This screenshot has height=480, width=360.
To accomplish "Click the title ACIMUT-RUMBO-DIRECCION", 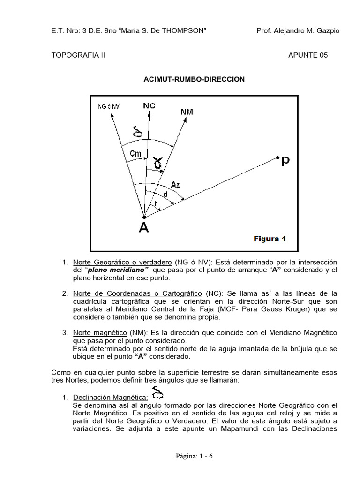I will tap(194, 79).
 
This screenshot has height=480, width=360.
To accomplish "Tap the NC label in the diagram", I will tap(149, 106).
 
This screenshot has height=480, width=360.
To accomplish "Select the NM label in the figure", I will tap(186, 112).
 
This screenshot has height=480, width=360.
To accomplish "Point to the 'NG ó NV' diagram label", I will tap(109, 106).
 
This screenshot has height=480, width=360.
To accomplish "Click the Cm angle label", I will tap(135, 153).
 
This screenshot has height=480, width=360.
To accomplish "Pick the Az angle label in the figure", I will tap(175, 185).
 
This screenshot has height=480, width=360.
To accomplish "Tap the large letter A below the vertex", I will tap(144, 228).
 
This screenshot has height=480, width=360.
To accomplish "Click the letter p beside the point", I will tap(285, 161).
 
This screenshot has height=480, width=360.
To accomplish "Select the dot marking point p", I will tap(278, 157).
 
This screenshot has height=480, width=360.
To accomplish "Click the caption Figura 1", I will tap(270, 239).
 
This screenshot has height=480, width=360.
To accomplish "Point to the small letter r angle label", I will tap(156, 203).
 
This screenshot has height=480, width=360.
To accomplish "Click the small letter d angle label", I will tap(165, 194).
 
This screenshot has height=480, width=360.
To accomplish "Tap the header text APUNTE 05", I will tap(308, 55).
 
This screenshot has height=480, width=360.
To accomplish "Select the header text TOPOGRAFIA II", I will tap(78, 55).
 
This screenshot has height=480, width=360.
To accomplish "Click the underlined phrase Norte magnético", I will tap(97, 332).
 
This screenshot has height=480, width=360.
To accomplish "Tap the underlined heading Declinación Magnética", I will tap(111, 397).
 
